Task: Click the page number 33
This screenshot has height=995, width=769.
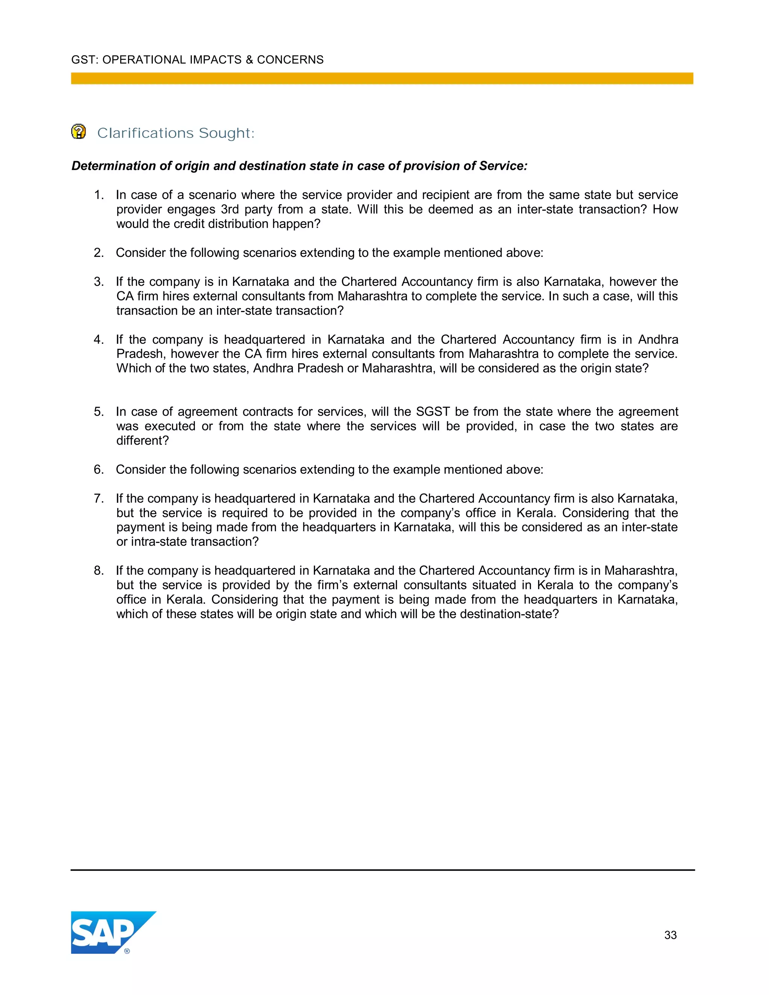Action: [x=670, y=935]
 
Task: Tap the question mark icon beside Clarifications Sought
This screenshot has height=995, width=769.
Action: [x=78, y=132]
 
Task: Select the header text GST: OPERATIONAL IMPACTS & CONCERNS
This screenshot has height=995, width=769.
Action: [x=197, y=60]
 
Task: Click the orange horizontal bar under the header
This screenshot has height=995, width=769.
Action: [x=382, y=78]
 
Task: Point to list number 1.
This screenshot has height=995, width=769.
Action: [x=98, y=195]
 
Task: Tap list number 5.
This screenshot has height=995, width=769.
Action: [x=98, y=412]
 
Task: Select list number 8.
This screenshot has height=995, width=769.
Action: [x=98, y=571]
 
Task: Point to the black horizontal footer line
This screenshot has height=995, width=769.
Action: [x=383, y=870]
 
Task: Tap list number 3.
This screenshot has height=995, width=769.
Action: [x=98, y=282]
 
